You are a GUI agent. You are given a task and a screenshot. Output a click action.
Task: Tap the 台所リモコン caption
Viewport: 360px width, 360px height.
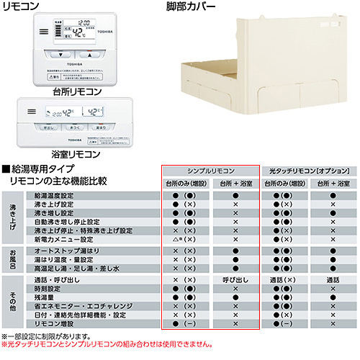77,91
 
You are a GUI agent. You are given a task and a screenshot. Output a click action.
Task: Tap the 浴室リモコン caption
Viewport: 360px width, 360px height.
76,154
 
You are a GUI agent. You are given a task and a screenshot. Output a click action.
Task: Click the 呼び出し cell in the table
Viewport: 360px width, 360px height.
235,279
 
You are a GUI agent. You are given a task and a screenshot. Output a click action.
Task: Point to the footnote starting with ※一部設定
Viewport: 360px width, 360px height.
50,336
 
